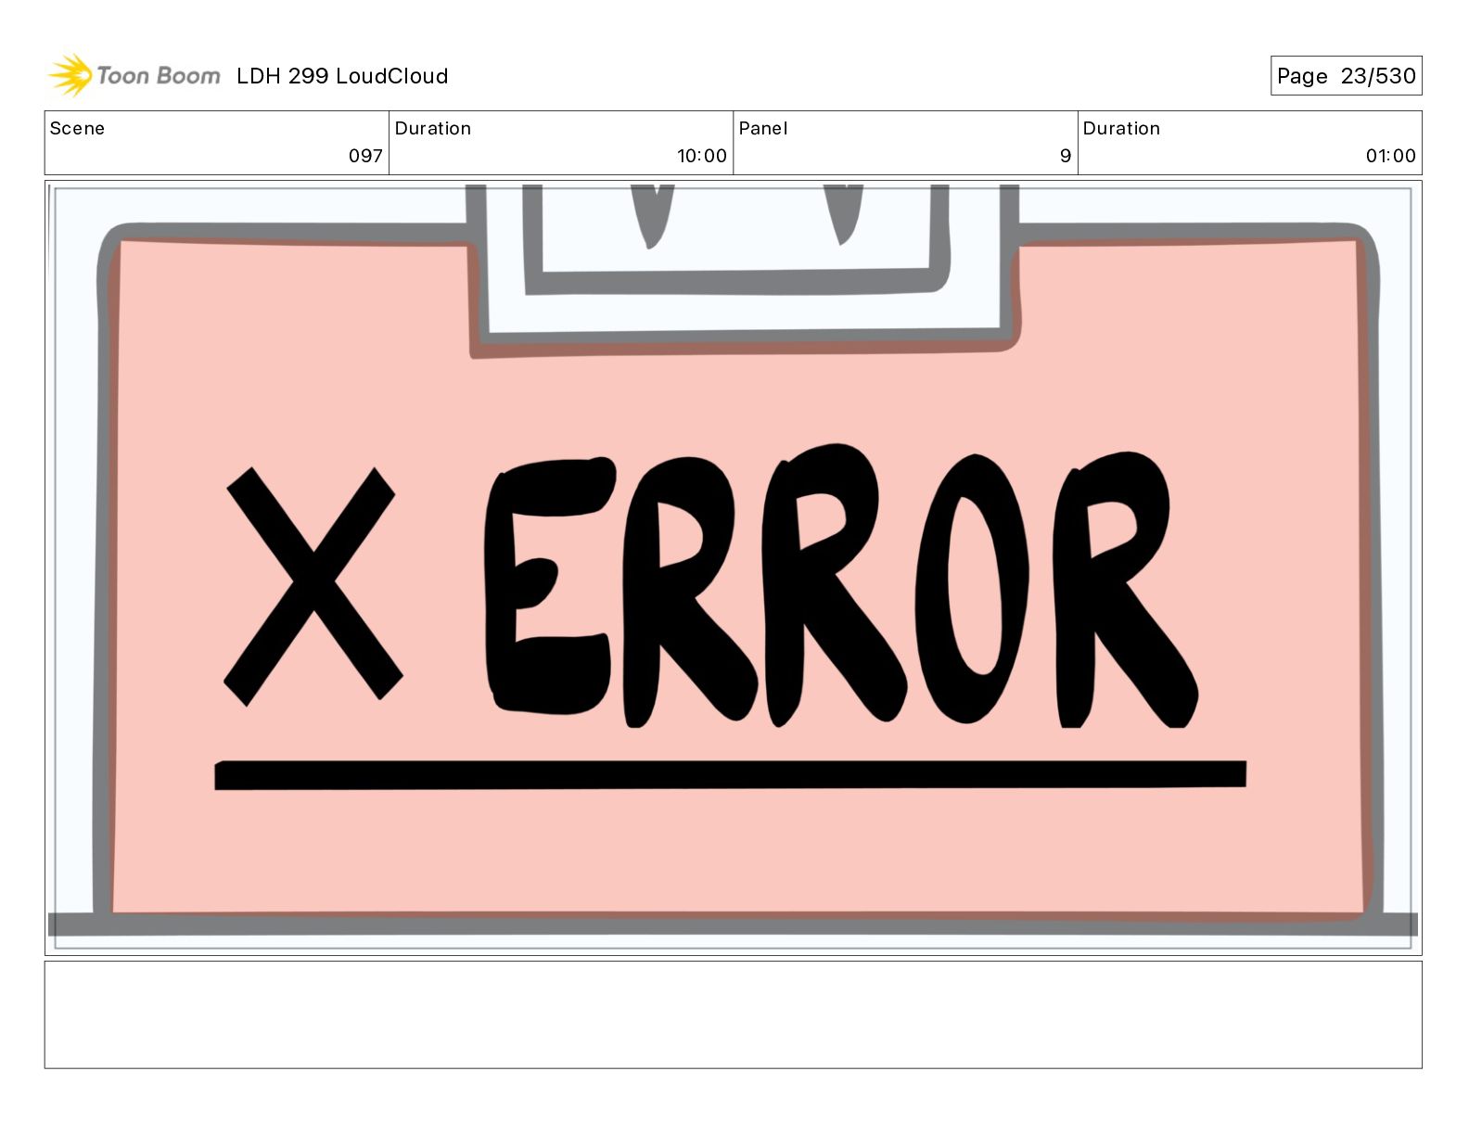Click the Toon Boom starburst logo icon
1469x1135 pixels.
click(x=70, y=75)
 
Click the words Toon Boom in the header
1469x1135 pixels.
click(x=159, y=76)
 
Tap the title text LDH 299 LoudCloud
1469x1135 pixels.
click(x=342, y=76)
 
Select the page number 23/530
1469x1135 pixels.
click(x=1378, y=76)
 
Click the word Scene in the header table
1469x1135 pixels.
click(x=77, y=129)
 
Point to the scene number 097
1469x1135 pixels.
click(x=365, y=156)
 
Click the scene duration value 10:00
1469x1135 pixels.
click(x=701, y=156)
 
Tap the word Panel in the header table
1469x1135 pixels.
click(x=762, y=129)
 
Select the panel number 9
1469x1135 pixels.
click(x=1066, y=156)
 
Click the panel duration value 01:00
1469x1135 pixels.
click(x=1390, y=156)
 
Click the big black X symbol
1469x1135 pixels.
click(x=313, y=585)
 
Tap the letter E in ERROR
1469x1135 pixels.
click(x=547, y=586)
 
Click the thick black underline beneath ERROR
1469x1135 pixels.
click(x=730, y=774)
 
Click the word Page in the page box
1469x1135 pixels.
click(x=1302, y=76)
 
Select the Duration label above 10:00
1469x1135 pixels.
click(x=433, y=129)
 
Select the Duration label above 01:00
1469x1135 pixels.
click(x=1121, y=129)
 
